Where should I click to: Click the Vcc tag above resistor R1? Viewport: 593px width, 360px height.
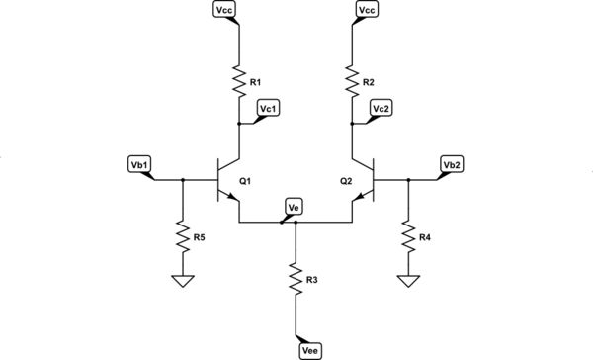[x=224, y=10]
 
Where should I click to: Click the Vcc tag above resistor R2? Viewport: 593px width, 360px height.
[x=367, y=10]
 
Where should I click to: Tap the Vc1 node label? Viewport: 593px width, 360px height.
[x=269, y=107]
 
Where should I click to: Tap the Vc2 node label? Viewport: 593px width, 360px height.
[x=381, y=107]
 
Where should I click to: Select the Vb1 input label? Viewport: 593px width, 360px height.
[x=139, y=164]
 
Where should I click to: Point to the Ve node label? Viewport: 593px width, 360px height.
[x=294, y=207]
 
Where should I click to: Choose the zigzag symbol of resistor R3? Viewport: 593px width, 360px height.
[x=296, y=279]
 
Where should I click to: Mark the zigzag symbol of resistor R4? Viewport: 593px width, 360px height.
[x=408, y=235]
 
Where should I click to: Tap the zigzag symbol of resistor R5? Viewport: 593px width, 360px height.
[x=182, y=235]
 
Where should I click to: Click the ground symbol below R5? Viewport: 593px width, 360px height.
[x=182, y=281]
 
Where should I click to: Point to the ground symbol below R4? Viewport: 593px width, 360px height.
[x=408, y=281]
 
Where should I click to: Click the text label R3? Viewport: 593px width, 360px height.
[x=311, y=281]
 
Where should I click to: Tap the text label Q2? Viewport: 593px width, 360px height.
[x=345, y=182]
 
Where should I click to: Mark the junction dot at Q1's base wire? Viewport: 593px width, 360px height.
[x=182, y=180]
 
